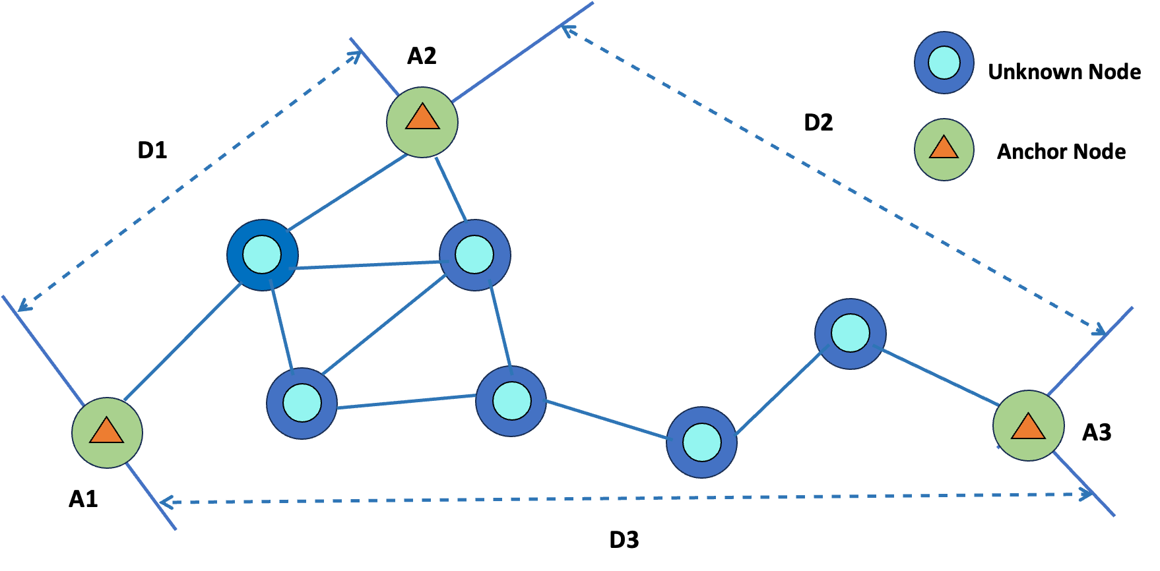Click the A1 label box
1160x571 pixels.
(x=89, y=498)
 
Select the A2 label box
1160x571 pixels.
(x=428, y=55)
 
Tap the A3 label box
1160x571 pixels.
(x=1103, y=432)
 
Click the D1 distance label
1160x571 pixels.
(x=158, y=150)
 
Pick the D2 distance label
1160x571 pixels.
(x=823, y=122)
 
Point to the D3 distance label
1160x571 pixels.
(x=629, y=539)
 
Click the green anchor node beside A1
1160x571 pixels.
(x=107, y=433)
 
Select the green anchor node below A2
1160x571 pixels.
(x=422, y=122)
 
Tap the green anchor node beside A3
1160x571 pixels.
(x=1028, y=426)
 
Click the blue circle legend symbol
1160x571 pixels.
(x=944, y=63)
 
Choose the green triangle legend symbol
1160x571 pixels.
(x=944, y=150)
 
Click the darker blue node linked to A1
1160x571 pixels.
(x=262, y=255)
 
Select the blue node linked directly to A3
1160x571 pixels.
(x=850, y=334)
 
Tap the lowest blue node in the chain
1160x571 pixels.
(x=701, y=442)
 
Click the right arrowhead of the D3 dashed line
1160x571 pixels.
(x=1086, y=493)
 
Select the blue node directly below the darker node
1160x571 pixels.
(x=302, y=403)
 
